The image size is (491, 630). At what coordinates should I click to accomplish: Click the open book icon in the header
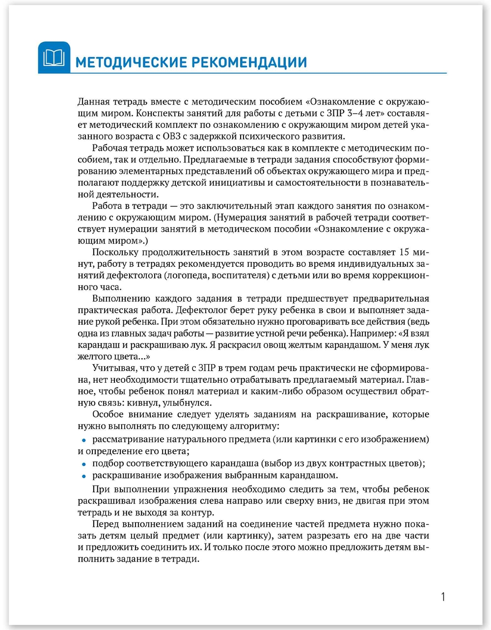point(54,57)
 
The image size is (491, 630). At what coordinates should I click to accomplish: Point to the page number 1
point(443,597)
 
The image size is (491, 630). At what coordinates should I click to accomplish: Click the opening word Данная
point(93,102)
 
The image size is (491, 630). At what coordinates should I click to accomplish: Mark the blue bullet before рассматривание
point(84,440)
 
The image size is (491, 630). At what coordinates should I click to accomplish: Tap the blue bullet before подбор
point(84,464)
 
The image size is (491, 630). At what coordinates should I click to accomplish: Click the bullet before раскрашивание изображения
point(84,476)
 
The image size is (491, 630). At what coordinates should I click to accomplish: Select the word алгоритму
point(257,426)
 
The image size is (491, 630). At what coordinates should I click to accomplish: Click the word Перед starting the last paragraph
point(105,524)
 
